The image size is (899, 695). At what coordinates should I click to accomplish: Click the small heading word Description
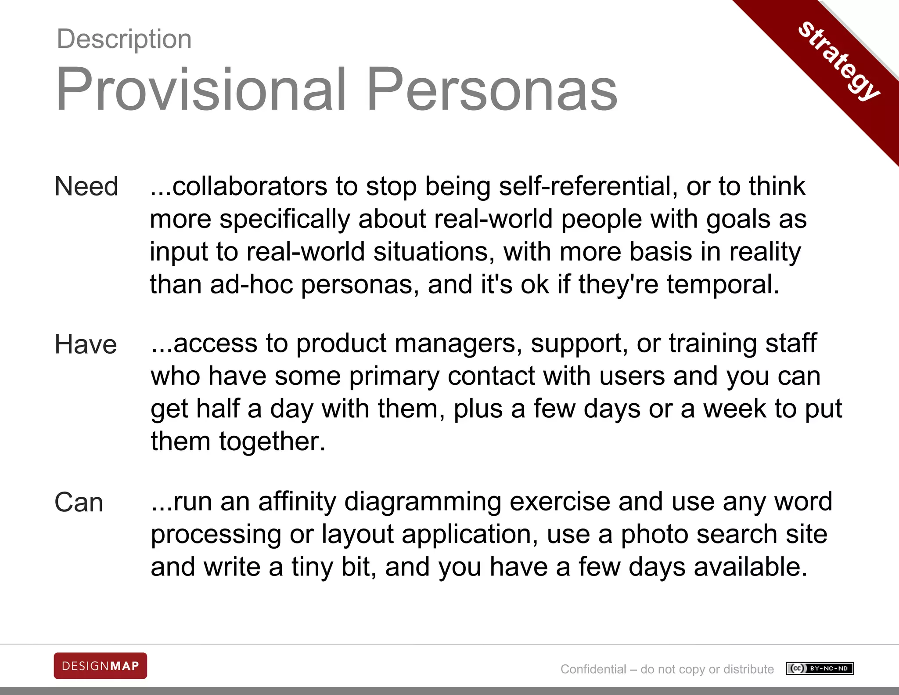pos(124,39)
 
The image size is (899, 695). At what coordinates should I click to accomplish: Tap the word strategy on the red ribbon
pos(839,61)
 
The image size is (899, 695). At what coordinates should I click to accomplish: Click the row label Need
pos(86,186)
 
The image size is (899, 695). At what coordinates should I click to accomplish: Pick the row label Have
pos(86,344)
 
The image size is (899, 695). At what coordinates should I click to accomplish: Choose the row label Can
pos(79,502)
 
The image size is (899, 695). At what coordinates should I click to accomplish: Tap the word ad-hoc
pos(252,284)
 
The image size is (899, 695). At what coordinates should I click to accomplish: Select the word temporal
pos(723,284)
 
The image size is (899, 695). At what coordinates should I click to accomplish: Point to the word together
pos(272,441)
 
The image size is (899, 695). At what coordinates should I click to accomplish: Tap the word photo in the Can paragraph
pos(654,534)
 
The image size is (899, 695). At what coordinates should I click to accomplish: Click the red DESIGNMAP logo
pos(101,666)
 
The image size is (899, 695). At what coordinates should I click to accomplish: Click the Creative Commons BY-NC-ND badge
pos(820,669)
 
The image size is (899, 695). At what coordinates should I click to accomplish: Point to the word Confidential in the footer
pos(593,669)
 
